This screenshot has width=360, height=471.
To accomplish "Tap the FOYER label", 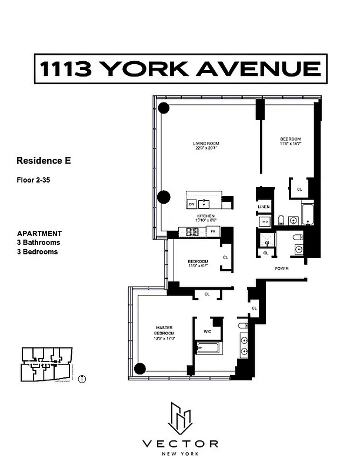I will coord(282,268).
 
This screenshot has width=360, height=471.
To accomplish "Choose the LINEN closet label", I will coord(264,207).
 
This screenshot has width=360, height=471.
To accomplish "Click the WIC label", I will coord(207,331).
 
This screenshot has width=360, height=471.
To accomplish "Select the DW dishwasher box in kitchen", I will coord(192,204).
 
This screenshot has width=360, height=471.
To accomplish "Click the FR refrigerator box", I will coord(213,232).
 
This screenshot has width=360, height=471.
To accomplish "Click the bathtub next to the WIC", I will coord(207,348).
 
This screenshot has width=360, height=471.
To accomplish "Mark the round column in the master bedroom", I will coord(139,369).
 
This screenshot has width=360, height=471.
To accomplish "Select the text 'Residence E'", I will coord(44,160).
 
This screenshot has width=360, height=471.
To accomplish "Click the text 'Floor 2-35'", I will coord(34,180).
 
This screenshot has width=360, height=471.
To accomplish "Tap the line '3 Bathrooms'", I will coord(38,242).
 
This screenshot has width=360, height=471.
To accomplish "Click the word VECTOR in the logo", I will coord(179,444).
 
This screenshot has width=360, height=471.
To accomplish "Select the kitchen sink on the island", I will coord(205,204).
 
